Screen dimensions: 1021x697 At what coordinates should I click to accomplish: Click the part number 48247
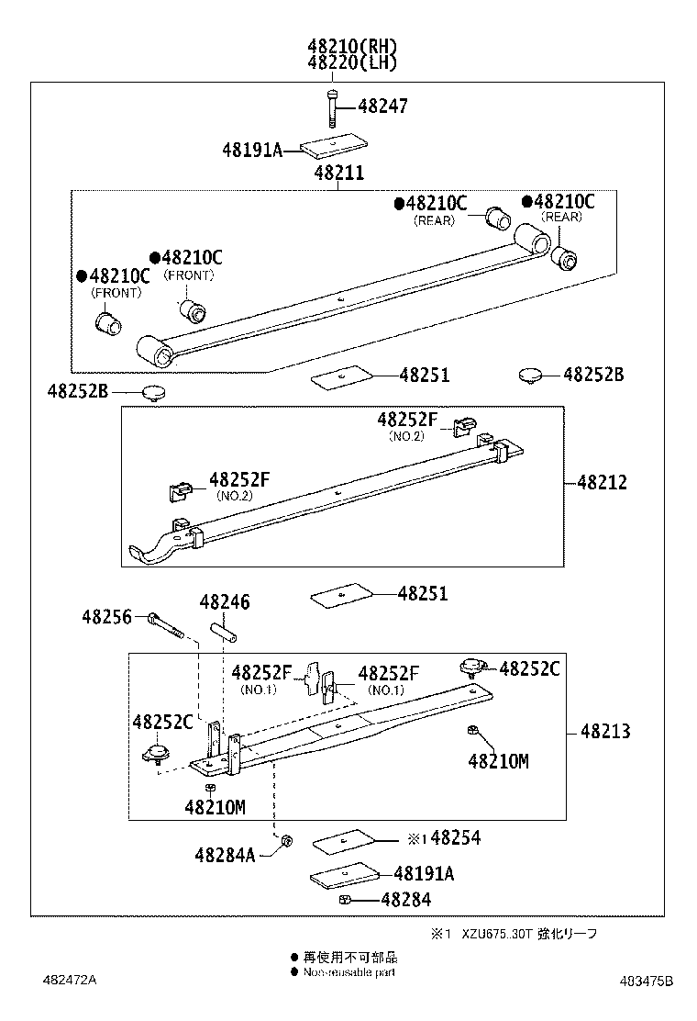point(382,107)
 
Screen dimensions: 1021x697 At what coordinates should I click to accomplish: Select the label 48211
point(338,173)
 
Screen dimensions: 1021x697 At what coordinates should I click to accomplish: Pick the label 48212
point(603,482)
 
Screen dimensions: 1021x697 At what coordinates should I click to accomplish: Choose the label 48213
point(605,732)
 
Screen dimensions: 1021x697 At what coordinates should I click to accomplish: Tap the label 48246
point(225,602)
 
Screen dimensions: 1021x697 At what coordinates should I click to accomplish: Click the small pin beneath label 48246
point(225,634)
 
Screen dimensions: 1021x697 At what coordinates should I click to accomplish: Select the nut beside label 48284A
point(286,840)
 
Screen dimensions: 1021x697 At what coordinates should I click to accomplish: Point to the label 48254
point(455,837)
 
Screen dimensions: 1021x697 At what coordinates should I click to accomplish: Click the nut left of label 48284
point(345,900)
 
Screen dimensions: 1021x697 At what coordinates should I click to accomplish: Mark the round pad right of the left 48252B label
point(154,393)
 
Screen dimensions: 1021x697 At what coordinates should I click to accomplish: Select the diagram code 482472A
point(69,980)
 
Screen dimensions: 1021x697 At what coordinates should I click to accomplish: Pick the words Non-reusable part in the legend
point(349,971)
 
